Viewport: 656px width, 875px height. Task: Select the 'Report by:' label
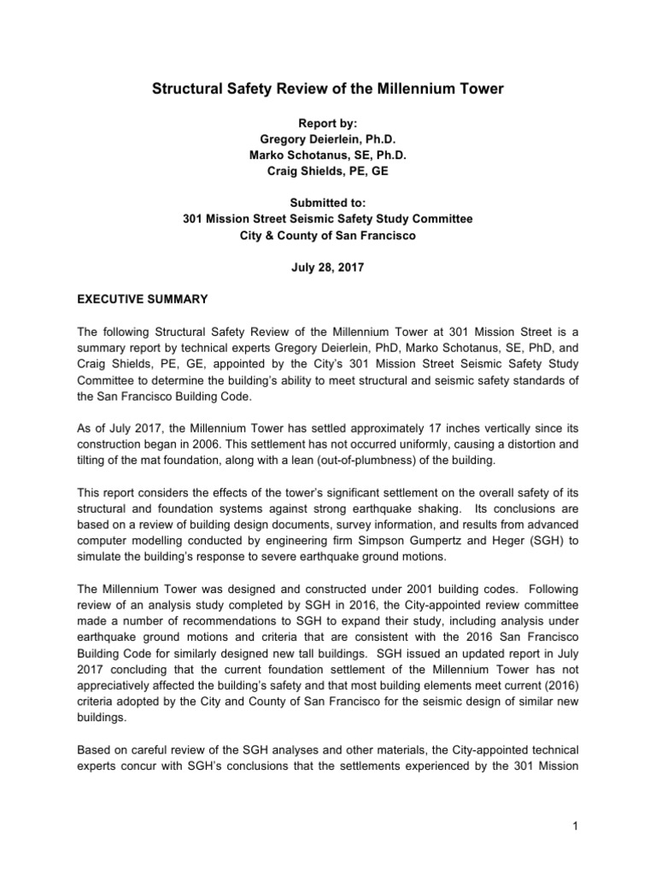point(328,123)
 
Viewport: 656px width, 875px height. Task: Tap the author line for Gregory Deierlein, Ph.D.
point(328,140)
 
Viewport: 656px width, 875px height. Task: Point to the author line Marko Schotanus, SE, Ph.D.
point(328,156)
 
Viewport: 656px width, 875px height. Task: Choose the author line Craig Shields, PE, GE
point(328,173)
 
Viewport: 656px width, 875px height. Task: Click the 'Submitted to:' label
point(328,203)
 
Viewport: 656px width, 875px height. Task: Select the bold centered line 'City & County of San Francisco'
point(328,235)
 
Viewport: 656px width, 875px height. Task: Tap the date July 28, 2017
point(328,267)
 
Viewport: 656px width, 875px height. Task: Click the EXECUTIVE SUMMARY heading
point(134,301)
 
